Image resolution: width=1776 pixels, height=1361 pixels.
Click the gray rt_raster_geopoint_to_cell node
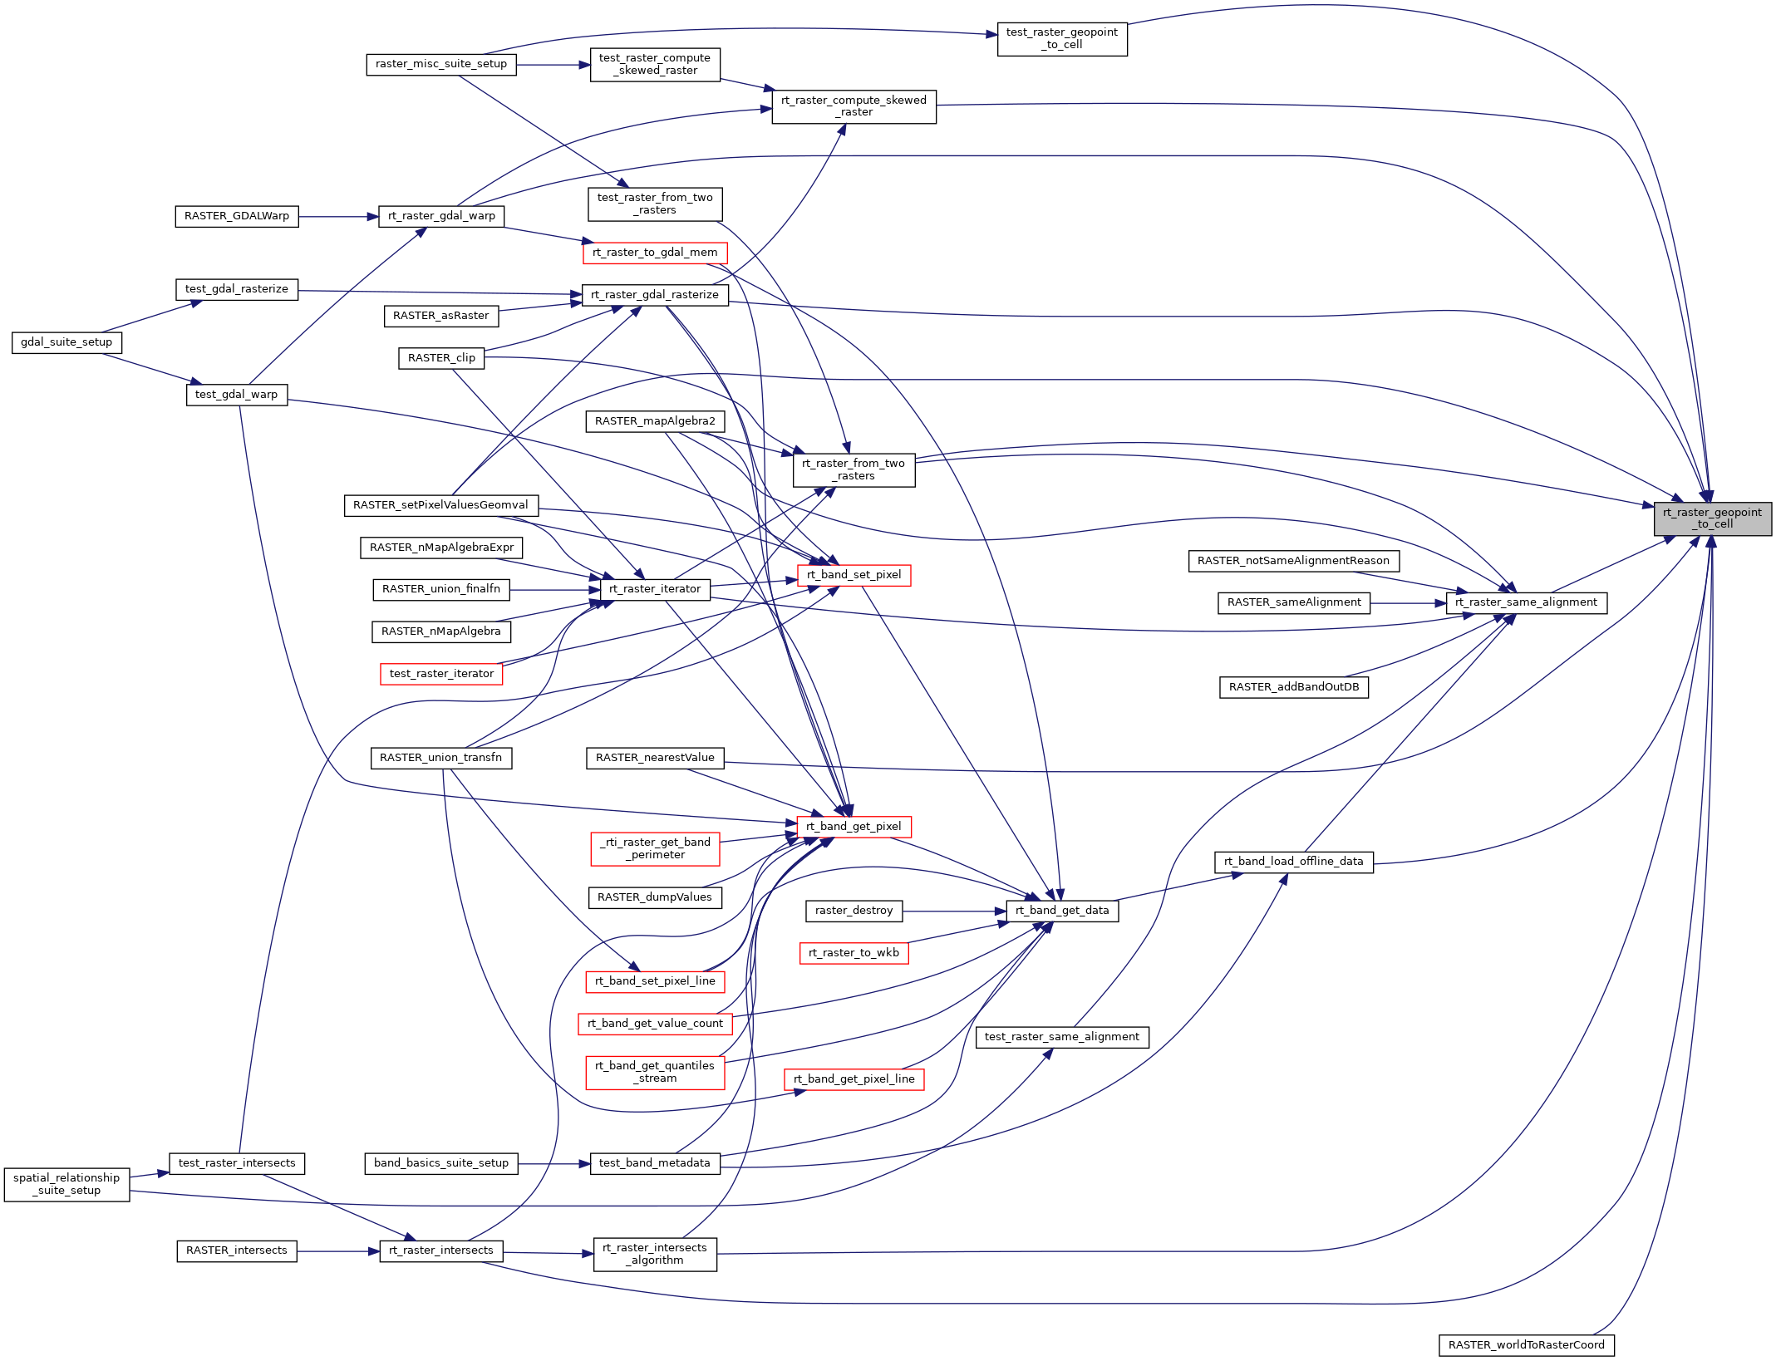pos(1712,518)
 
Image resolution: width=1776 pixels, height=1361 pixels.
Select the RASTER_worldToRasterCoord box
pos(1526,1345)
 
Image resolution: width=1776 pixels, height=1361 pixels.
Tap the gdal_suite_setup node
pos(66,342)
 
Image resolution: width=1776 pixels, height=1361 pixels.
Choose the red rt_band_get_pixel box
pos(854,827)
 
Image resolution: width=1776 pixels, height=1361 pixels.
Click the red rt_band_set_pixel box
pos(854,575)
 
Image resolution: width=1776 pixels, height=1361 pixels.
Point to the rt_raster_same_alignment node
pos(1526,602)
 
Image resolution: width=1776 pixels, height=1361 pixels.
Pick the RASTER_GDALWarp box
pos(237,216)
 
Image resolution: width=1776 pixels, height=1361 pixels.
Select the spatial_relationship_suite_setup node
pos(66,1184)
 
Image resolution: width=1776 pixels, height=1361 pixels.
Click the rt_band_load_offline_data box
pos(1293,862)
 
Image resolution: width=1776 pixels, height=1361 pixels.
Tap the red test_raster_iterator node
pos(441,674)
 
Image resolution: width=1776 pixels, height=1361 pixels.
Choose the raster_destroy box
pos(854,911)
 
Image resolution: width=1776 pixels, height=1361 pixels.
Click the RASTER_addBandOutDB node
pos(1293,687)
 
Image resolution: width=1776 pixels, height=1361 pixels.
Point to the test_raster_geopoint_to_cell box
pos(1061,38)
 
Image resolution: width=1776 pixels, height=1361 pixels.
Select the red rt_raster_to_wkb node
pos(854,953)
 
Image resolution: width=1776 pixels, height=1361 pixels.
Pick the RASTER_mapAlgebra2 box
pos(655,421)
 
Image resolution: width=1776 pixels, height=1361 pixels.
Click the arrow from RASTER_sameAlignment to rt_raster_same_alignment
pos(1408,603)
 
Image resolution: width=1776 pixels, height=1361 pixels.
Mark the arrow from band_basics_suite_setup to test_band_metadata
pos(553,1164)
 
